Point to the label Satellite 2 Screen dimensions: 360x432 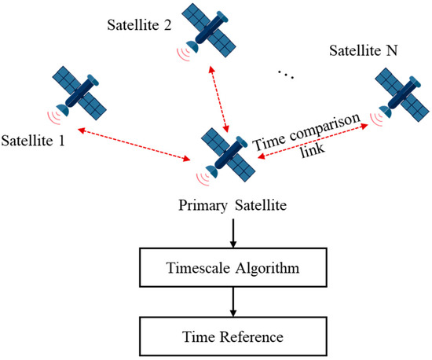point(139,25)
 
